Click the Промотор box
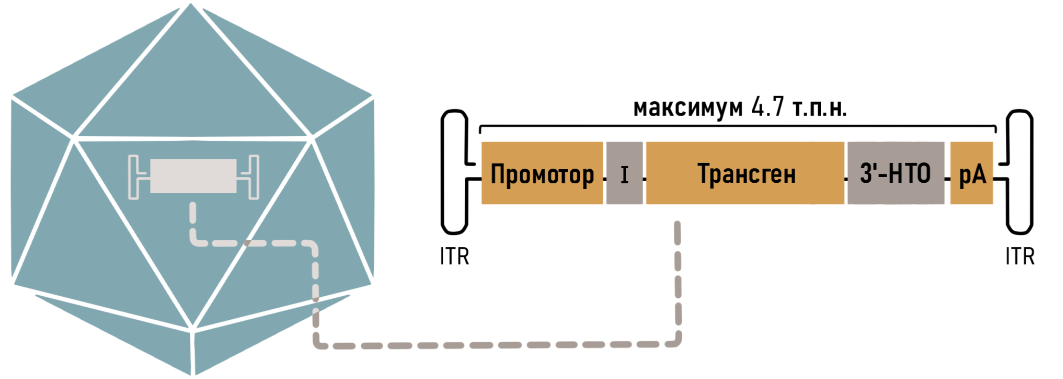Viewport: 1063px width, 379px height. [x=542, y=173]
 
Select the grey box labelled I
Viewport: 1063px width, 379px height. [x=624, y=173]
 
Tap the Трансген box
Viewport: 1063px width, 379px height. [x=745, y=173]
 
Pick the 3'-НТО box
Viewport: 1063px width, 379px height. [x=896, y=173]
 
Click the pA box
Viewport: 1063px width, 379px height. [x=971, y=173]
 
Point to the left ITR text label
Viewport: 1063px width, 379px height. [x=454, y=256]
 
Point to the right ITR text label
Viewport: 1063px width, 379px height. [x=1020, y=256]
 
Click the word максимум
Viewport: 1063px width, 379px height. [x=688, y=108]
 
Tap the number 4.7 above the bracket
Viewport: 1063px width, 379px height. [x=767, y=107]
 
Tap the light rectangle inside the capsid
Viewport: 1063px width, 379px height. [x=193, y=176]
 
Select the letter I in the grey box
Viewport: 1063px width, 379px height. [x=624, y=175]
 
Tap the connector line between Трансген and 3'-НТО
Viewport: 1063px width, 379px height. [x=846, y=179]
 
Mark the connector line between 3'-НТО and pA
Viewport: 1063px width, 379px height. [x=947, y=179]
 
